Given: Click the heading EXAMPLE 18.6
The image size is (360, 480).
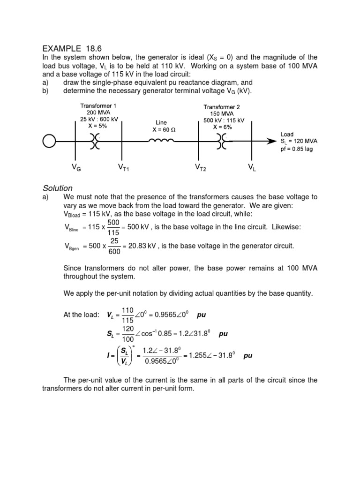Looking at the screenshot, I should [x=72, y=48].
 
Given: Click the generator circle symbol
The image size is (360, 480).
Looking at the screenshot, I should [x=49, y=140].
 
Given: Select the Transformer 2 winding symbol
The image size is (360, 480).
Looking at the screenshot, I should [x=221, y=140].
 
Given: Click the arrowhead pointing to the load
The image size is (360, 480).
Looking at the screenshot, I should [x=271, y=140].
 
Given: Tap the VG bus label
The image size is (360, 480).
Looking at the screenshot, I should [x=76, y=167].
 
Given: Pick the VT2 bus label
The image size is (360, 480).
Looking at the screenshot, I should [x=200, y=167].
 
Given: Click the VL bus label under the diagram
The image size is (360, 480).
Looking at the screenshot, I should [x=252, y=167].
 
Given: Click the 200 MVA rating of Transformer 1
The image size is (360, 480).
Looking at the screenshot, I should [x=98, y=112].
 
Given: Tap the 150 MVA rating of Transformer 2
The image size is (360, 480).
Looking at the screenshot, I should [x=222, y=113].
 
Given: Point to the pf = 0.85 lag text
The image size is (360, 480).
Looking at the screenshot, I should [x=297, y=149].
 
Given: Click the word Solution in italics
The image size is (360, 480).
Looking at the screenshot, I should [x=57, y=188].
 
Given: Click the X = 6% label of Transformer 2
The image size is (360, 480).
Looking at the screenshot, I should [x=222, y=127].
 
